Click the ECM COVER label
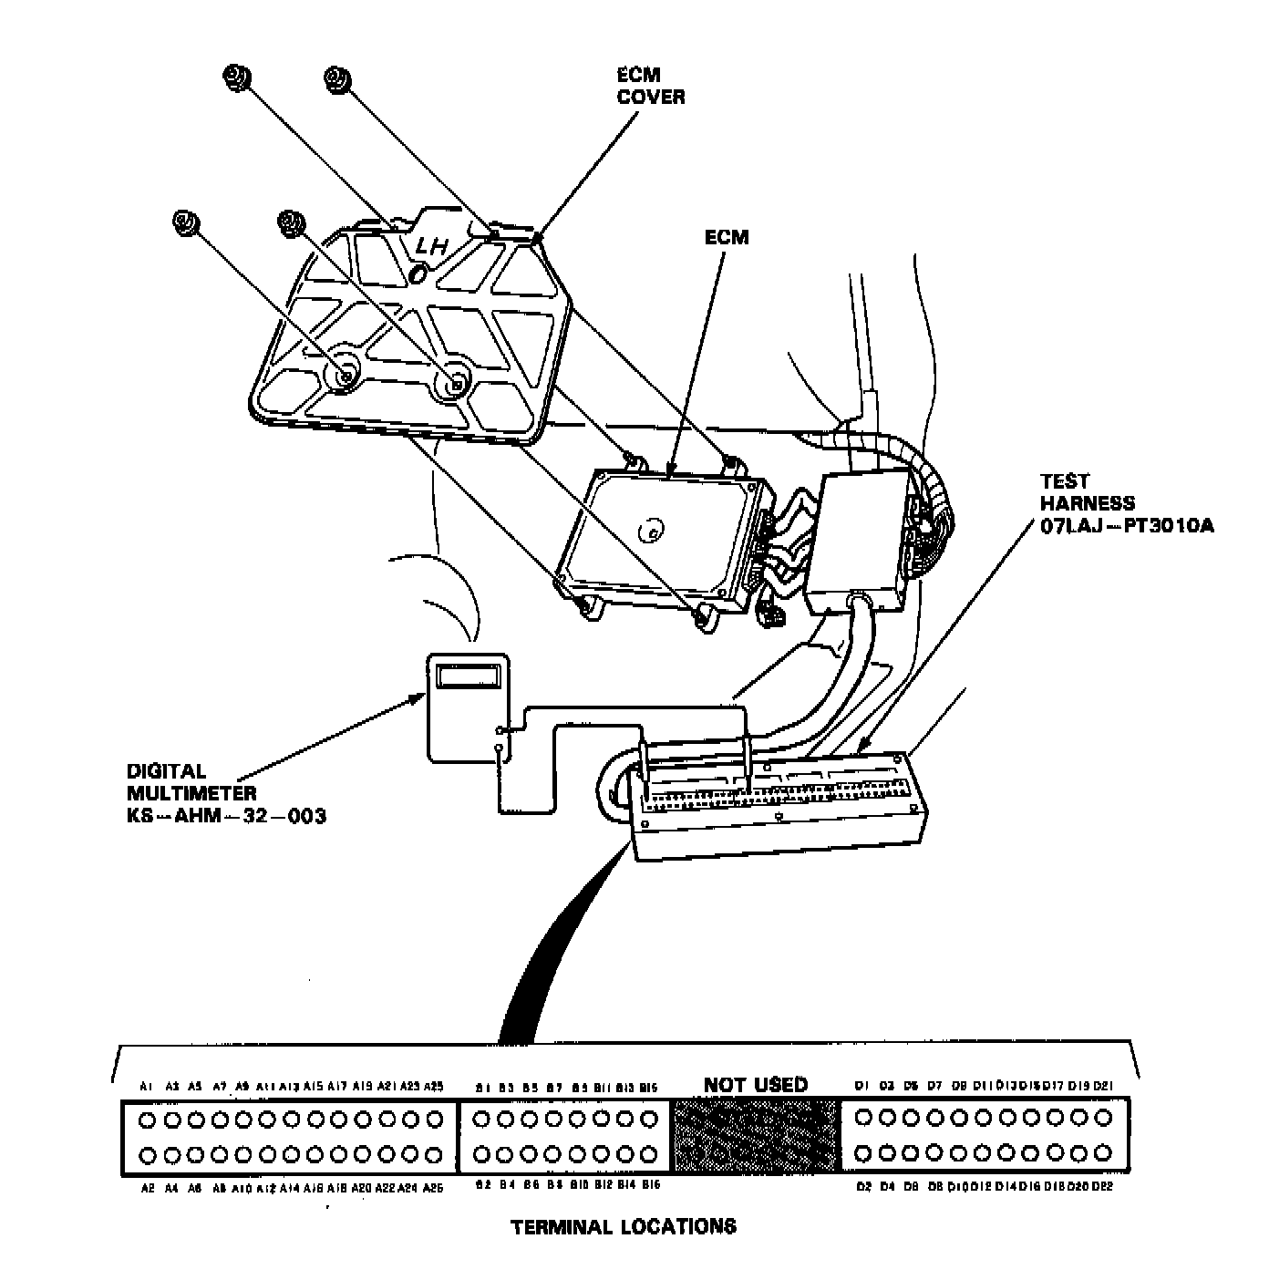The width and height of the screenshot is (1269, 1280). [650, 86]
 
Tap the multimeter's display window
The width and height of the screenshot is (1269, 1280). [468, 676]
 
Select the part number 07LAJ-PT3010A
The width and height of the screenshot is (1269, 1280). [1126, 526]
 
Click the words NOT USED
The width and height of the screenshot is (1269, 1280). [755, 1084]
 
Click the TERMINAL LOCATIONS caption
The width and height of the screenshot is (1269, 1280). [624, 1226]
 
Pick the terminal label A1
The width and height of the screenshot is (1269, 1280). [146, 1086]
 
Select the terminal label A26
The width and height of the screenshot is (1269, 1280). [434, 1188]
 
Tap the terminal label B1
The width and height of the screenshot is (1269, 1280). [483, 1087]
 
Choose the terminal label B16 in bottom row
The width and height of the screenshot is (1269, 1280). [651, 1185]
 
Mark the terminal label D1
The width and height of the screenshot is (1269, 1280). [861, 1086]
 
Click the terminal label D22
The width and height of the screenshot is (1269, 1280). [1102, 1187]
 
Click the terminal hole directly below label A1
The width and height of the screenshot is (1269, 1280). [146, 1118]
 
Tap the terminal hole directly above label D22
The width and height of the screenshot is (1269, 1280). [1103, 1155]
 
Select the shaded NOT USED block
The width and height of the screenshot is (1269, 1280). [755, 1136]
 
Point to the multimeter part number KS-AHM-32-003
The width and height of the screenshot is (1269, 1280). [226, 815]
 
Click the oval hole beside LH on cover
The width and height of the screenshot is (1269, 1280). [418, 273]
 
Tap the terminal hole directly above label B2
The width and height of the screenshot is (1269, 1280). [484, 1154]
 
